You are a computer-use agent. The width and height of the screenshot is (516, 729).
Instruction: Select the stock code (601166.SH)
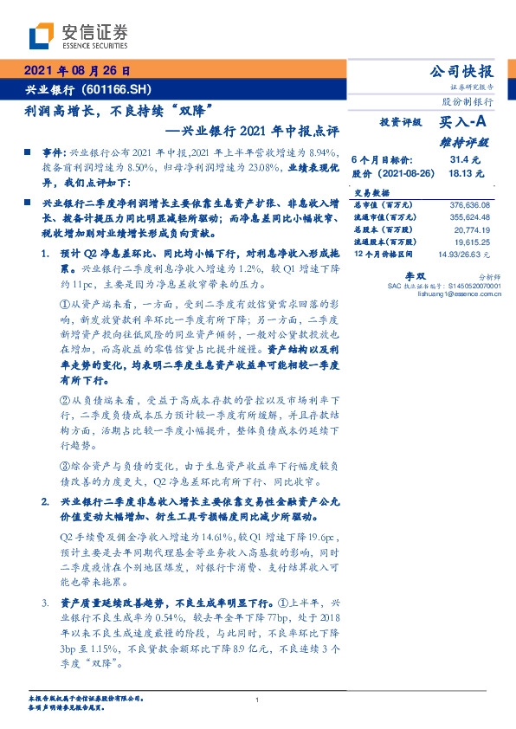click(120, 89)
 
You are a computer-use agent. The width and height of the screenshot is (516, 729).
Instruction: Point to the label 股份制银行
click(468, 100)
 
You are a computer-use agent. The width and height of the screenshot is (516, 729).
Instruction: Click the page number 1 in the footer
click(258, 700)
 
